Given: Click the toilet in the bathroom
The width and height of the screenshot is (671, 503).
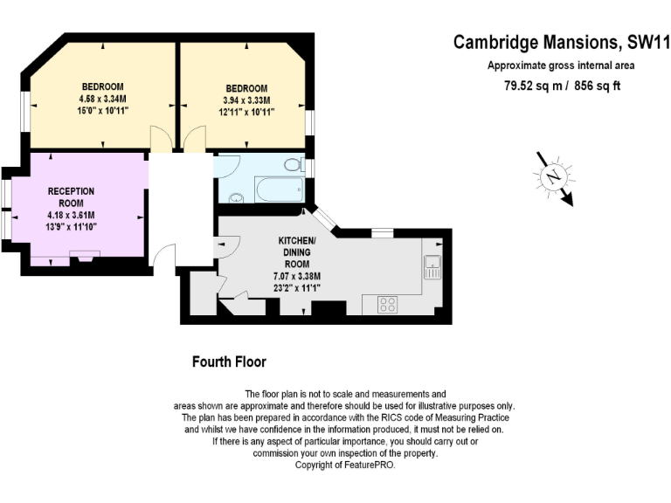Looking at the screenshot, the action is click(x=294, y=165).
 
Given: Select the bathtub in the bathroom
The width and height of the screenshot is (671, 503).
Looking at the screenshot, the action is click(x=280, y=189).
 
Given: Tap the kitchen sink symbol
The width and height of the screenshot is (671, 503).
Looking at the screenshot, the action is click(x=432, y=267).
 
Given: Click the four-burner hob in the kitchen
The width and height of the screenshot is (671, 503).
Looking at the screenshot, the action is click(x=387, y=305).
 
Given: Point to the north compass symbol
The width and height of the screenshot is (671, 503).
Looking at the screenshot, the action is click(x=554, y=177).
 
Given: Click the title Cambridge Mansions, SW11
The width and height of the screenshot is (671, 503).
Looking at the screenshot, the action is click(x=562, y=42).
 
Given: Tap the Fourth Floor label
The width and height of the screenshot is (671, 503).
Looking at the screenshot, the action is click(x=229, y=362).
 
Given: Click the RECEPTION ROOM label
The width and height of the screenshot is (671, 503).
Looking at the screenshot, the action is click(x=71, y=197).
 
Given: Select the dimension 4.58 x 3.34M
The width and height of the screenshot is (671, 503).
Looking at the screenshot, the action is click(x=103, y=99).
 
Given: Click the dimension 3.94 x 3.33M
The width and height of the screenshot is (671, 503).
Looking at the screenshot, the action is click(x=246, y=100).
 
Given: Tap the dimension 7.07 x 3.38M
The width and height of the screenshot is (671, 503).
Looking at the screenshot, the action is click(x=297, y=276).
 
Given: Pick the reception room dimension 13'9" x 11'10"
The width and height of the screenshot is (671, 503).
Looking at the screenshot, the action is click(x=71, y=227).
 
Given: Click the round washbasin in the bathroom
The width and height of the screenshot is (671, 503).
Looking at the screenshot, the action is click(x=236, y=198).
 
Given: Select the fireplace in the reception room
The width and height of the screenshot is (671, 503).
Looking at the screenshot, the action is click(x=85, y=256).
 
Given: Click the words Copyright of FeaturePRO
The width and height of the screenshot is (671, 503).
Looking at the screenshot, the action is click(x=345, y=465).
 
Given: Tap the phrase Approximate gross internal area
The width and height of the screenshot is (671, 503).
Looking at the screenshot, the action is click(x=561, y=65).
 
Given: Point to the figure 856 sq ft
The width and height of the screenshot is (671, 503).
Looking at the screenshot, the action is click(x=598, y=86).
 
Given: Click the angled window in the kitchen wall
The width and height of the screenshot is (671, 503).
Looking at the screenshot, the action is click(x=326, y=219).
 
